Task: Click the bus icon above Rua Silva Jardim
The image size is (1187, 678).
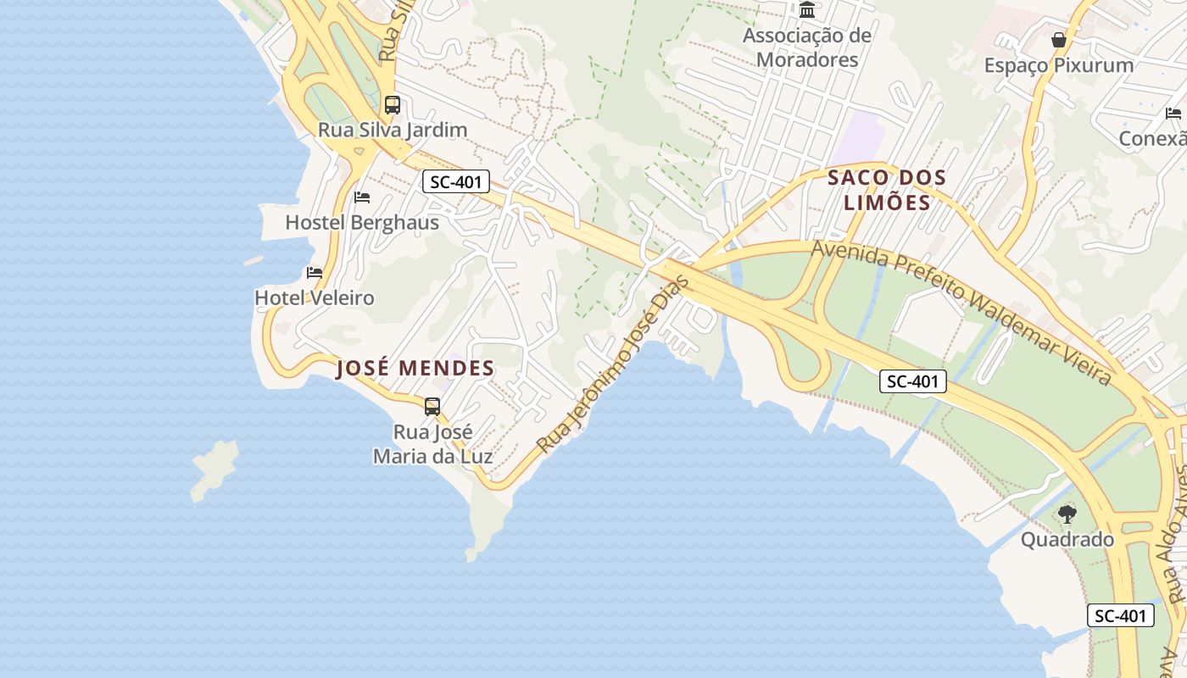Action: [392, 105]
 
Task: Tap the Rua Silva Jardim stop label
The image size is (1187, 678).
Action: [393, 130]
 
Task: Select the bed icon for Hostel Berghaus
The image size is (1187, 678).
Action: [362, 197]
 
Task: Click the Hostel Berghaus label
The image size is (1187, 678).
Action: [362, 223]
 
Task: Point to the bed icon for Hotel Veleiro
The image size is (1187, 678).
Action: [315, 273]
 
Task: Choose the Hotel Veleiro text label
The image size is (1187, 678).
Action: [315, 298]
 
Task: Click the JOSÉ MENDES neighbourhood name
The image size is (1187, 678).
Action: [415, 369]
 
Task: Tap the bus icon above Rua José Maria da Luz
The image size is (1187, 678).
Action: [432, 406]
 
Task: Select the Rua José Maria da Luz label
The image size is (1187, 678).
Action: [432, 444]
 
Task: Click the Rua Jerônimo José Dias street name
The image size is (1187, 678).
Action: [613, 364]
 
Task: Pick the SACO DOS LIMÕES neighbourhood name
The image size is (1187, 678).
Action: [887, 190]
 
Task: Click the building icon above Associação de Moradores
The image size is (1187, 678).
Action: [807, 10]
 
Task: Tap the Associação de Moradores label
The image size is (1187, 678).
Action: [807, 47]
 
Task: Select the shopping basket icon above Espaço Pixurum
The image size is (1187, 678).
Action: [1058, 40]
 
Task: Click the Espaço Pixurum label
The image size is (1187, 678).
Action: [1059, 65]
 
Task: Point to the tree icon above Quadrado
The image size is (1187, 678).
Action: [1067, 514]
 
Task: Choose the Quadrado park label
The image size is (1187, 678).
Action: [1067, 539]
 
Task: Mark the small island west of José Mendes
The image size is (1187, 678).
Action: [215, 469]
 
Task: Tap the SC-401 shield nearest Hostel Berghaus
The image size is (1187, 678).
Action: [456, 181]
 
